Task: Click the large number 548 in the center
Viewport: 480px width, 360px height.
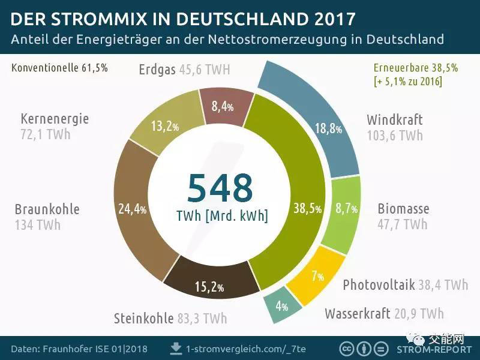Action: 220,188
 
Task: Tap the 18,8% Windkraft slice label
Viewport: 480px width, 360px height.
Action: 329,128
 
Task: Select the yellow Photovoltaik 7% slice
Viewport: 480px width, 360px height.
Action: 317,276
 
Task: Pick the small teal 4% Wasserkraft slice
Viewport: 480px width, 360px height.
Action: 281,307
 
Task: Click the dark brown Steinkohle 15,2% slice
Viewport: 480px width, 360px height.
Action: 209,287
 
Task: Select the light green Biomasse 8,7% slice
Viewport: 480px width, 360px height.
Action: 346,209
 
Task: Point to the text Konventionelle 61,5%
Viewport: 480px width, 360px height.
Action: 59,68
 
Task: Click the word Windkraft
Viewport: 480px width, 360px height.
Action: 395,119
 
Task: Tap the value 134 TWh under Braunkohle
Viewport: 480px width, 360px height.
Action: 38,225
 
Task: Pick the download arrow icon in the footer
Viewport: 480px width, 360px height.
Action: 176,348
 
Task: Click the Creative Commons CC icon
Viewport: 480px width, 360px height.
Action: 347,349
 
